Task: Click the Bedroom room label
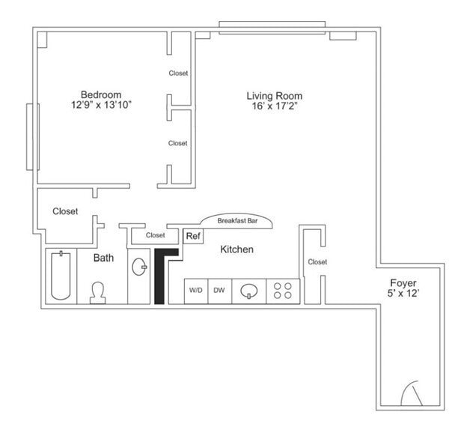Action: point(101,95)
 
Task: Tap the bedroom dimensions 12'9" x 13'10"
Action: point(101,106)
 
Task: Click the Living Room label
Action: point(275,96)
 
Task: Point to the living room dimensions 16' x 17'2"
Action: point(275,107)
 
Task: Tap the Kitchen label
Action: point(236,249)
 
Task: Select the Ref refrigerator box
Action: point(193,236)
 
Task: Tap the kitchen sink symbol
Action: point(249,291)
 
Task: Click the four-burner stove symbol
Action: point(283,291)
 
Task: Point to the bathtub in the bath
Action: point(59,275)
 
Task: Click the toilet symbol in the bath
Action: point(98,292)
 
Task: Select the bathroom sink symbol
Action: point(138,267)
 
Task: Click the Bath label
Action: point(103,258)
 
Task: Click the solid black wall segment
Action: point(160,278)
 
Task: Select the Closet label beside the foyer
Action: point(317,262)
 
